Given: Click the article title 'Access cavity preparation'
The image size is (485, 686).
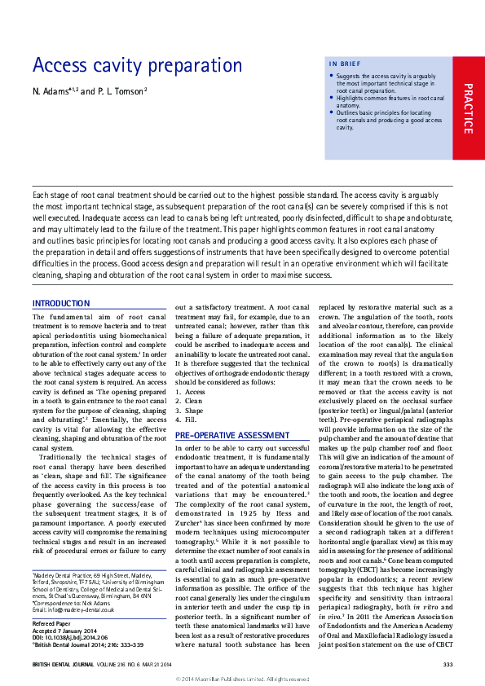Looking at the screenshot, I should tap(137, 65).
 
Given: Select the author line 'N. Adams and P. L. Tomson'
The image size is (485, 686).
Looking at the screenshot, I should tap(90, 90).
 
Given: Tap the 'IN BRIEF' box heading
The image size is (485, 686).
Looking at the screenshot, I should tap(345, 64).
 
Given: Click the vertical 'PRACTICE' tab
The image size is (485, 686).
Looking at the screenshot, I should tap(467, 109).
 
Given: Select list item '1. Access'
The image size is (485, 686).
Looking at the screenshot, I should tap(191, 392).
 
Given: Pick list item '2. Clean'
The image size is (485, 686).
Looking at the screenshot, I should tap(189, 402).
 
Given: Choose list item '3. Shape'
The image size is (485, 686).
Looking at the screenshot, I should tap(190, 411).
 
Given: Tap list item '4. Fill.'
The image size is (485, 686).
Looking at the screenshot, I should tap(187, 421).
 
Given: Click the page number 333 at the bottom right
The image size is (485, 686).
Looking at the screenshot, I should tap(448, 665).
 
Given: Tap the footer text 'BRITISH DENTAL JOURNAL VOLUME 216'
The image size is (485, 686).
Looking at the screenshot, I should tap(90, 665).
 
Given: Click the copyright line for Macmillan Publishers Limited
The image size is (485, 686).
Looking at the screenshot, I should tap(242, 679).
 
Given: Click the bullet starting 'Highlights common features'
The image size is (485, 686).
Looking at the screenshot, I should tap(389, 101).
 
